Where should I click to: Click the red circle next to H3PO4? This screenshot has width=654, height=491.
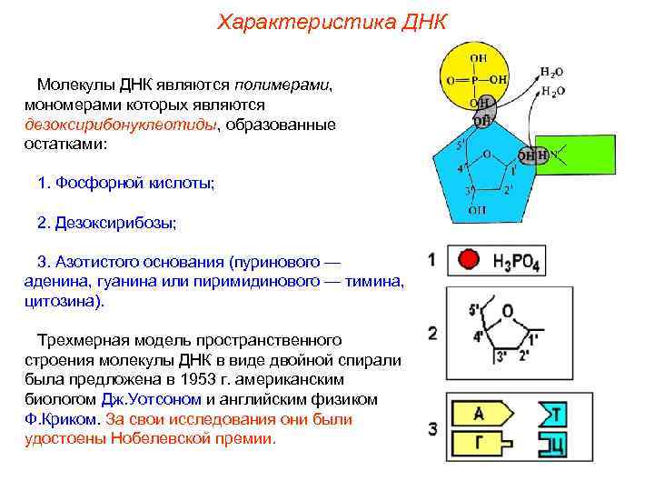469,260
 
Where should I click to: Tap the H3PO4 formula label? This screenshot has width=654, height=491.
516,262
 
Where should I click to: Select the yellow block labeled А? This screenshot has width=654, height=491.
480,415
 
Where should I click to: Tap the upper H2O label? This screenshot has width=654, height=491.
552,72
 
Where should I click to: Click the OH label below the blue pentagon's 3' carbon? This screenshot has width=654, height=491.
476,210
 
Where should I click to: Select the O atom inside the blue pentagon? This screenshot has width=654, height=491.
487,155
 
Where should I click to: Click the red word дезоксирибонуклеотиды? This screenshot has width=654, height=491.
121,125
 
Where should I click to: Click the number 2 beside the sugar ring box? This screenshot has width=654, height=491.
432,333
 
